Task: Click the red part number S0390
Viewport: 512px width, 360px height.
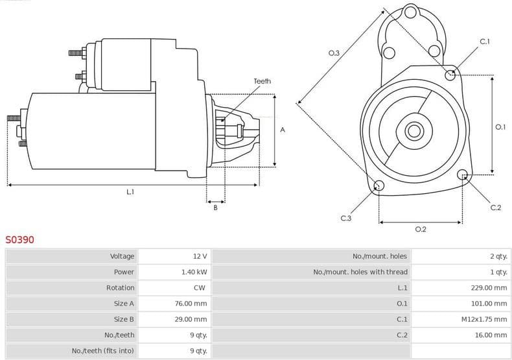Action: [20, 240]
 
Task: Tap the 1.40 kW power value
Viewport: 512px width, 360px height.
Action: [194, 272]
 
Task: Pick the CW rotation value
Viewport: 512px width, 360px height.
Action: [200, 287]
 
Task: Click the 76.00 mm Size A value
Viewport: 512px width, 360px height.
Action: [192, 303]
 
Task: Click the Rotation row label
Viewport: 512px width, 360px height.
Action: [120, 287]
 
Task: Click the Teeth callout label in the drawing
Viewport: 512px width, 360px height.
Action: [262, 81]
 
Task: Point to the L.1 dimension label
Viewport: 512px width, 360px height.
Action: [130, 192]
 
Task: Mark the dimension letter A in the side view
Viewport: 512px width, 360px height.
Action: [282, 130]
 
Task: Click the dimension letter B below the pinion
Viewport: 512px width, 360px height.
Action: [215, 208]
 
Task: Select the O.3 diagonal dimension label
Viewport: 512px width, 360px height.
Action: [334, 53]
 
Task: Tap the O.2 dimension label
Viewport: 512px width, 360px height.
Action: [420, 229]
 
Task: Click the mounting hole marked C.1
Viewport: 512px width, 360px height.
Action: [450, 75]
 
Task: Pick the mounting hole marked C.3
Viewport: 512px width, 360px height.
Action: [379, 187]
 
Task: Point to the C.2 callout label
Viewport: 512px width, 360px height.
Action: [496, 208]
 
